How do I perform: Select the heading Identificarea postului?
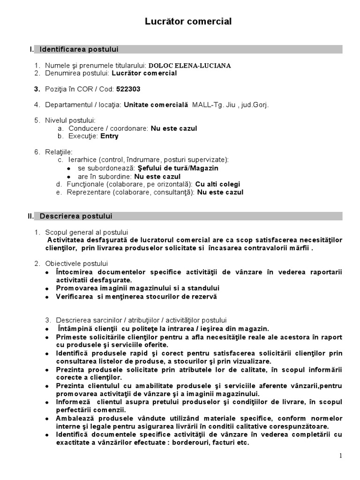pos(79,49)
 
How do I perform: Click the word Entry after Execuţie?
pos(109,136)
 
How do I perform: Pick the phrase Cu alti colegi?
pos(217,184)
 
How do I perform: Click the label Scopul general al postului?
pos(87,232)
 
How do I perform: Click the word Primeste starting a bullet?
pos(71,337)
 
